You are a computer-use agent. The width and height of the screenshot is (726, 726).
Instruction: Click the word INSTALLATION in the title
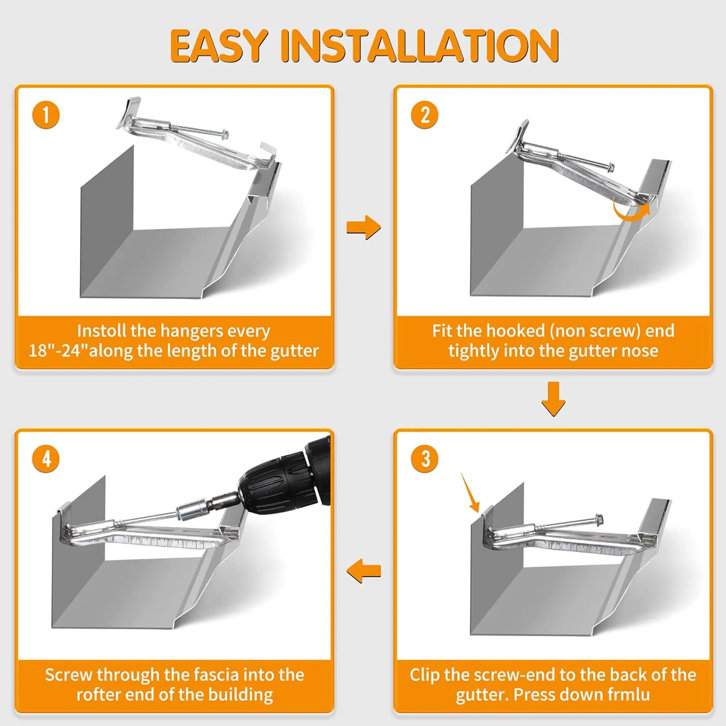pyautogui.click(x=420, y=45)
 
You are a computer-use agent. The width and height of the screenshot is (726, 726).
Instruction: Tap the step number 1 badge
pyautogui.click(x=46, y=115)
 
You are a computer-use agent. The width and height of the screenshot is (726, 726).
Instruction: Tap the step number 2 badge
pyautogui.click(x=425, y=115)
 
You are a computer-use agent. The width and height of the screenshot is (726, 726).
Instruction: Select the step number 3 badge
pyautogui.click(x=425, y=458)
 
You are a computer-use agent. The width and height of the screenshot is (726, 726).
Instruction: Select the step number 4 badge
pyautogui.click(x=46, y=458)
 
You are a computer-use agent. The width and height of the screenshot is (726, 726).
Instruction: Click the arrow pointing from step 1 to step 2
pyautogui.click(x=364, y=227)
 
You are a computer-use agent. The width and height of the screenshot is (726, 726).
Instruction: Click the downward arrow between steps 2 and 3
pyautogui.click(x=553, y=399)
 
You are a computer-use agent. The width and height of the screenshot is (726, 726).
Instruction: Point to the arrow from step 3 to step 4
pyautogui.click(x=364, y=571)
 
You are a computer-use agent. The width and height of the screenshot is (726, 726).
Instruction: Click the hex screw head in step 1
pyautogui.click(x=224, y=134)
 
